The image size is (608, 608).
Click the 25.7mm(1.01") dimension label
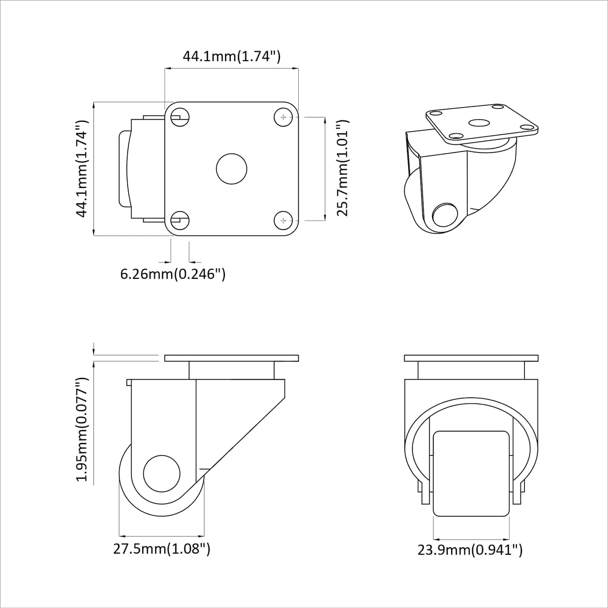click(343, 168)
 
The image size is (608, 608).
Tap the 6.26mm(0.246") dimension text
click(173, 274)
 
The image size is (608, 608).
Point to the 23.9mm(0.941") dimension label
click(470, 550)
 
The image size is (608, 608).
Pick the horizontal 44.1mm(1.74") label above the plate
click(232, 56)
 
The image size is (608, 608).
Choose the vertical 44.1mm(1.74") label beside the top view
click(82, 169)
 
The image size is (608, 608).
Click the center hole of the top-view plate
click(232, 169)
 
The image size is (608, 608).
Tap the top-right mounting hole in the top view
click(283, 117)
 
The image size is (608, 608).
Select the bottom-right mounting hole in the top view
click(283, 221)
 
